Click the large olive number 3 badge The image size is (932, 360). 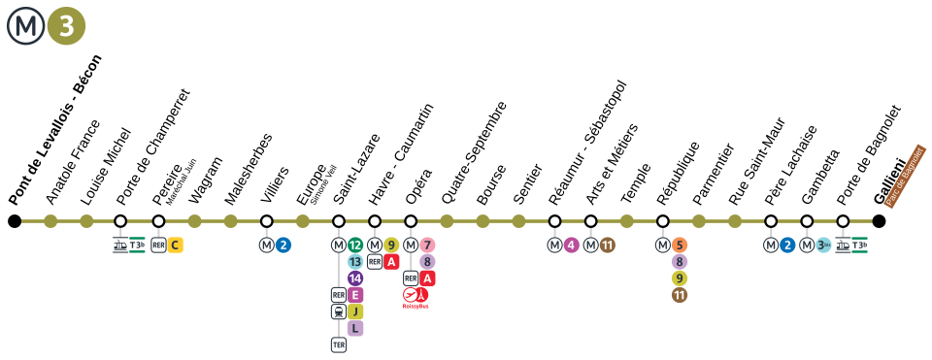66,26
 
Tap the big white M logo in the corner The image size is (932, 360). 26,26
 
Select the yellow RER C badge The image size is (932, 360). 175,245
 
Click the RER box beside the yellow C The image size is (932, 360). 158,245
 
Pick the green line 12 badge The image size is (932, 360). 355,245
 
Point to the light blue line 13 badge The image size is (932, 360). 355,262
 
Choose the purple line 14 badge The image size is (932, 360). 355,278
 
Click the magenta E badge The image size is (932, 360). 355,295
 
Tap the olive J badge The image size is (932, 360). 355,311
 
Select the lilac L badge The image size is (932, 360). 355,328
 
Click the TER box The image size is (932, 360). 339,344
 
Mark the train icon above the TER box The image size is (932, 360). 339,311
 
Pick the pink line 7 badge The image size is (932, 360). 427,245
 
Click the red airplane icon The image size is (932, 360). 411,294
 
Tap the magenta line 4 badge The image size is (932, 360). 571,245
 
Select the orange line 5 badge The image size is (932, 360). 680,245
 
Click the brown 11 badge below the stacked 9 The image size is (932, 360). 680,295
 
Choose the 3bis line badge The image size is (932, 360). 823,245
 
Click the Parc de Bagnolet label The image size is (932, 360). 905,177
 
